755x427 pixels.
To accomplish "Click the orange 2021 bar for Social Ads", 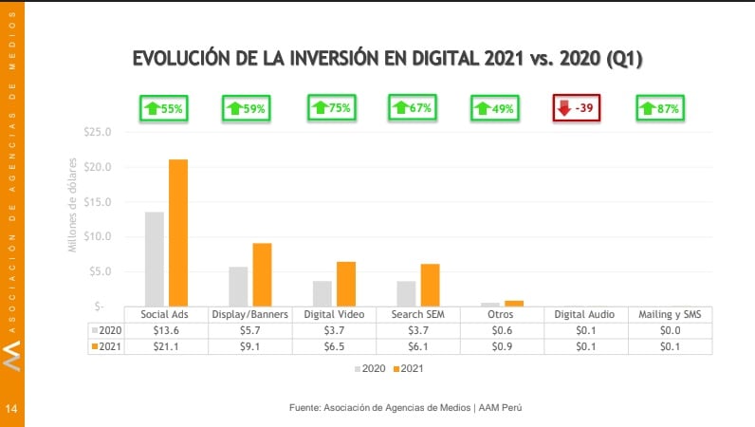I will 178,232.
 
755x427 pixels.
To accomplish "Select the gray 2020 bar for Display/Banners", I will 238,286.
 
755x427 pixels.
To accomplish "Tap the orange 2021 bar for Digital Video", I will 345,284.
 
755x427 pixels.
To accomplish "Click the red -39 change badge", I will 576,108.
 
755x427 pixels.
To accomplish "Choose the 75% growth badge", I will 330,107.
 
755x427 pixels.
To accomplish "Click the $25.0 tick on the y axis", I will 97,132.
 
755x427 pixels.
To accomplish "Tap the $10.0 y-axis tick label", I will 97,236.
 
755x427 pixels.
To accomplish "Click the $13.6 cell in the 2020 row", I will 165,329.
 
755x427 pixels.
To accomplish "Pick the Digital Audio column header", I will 584,314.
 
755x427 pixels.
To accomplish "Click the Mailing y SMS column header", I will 669,314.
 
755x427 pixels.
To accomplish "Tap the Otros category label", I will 501,314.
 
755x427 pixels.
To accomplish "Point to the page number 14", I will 11,408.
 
